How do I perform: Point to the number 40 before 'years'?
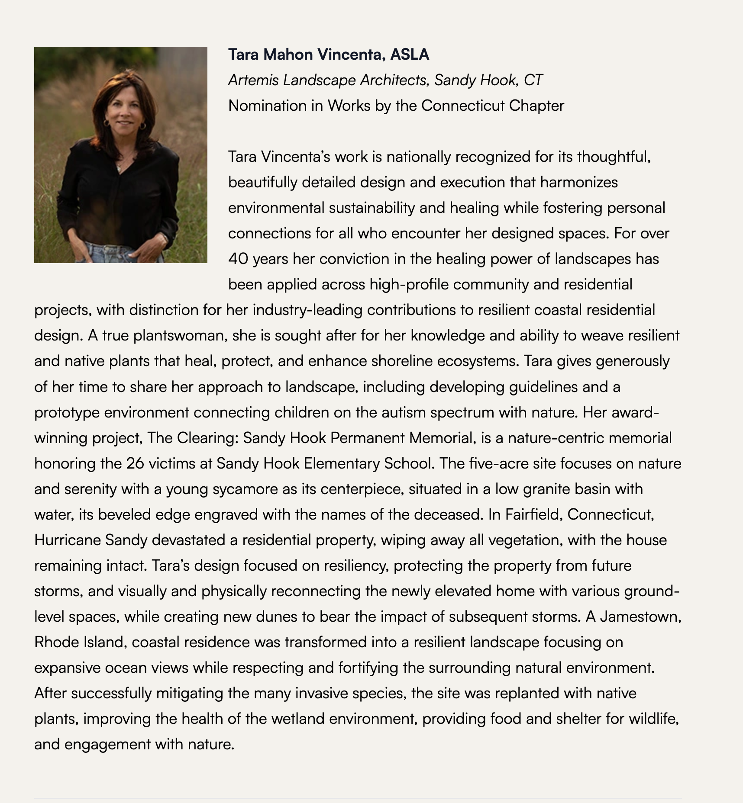[238, 259]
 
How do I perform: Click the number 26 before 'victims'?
[135, 464]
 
